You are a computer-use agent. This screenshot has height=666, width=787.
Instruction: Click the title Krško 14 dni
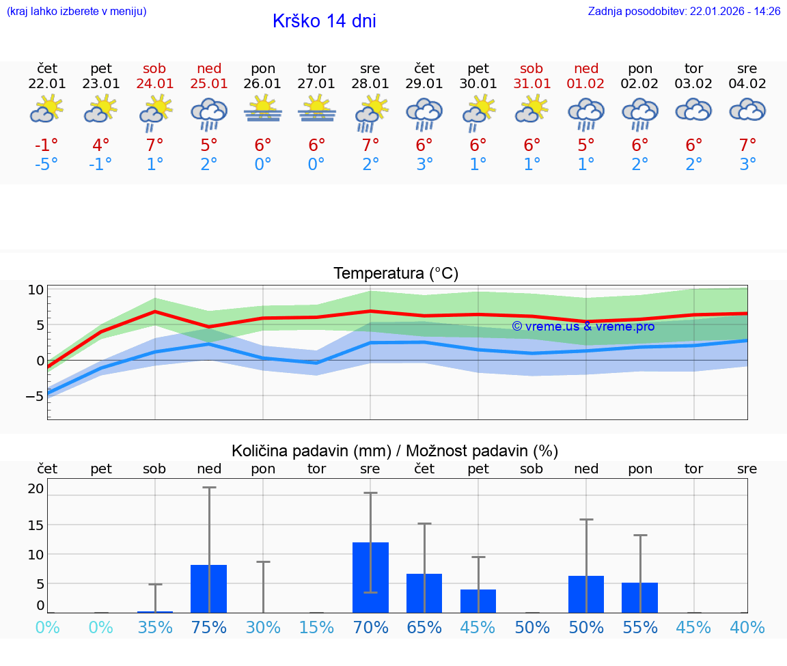[x=324, y=21]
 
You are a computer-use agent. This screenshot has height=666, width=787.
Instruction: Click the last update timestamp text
[x=684, y=12]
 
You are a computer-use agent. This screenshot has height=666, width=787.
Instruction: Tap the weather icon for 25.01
[x=209, y=113]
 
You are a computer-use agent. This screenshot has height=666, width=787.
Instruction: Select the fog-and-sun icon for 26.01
[x=263, y=109]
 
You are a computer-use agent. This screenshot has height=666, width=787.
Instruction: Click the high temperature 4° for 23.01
[x=100, y=145]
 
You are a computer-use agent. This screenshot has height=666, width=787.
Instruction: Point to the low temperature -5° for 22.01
[x=47, y=165]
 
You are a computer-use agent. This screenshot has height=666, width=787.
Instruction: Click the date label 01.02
[x=586, y=84]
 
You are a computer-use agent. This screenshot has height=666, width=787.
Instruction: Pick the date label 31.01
[x=531, y=84]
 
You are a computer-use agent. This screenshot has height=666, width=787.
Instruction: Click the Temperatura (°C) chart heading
[x=396, y=274]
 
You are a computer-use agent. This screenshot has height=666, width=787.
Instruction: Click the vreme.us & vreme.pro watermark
[x=583, y=327]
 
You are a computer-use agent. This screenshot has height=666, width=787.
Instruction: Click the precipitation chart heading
[x=395, y=451]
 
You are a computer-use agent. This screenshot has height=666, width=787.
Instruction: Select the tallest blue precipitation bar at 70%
[x=370, y=577]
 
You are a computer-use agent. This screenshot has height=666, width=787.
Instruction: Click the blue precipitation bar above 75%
[x=209, y=589]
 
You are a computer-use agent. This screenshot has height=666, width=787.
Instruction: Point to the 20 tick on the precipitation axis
[x=36, y=488]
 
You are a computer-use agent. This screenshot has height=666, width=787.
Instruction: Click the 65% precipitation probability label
[x=424, y=627]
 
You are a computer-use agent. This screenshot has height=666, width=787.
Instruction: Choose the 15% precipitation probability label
[x=316, y=627]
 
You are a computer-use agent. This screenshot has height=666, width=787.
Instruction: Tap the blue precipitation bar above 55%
[x=639, y=598]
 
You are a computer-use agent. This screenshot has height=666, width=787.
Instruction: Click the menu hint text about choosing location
[x=77, y=12]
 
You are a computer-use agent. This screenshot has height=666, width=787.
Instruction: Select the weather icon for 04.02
[x=747, y=110]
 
